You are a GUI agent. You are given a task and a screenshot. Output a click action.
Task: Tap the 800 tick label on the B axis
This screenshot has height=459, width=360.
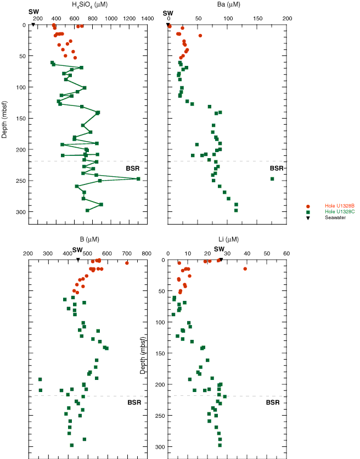[147, 253]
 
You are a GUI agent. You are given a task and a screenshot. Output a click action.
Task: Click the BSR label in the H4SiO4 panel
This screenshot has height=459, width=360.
[132, 168]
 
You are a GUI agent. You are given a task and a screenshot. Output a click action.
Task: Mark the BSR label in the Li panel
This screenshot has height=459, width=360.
[273, 402]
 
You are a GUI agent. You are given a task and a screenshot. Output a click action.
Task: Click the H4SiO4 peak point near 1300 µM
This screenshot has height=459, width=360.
[138, 179]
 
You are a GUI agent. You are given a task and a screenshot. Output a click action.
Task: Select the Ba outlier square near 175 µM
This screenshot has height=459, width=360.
[272, 179]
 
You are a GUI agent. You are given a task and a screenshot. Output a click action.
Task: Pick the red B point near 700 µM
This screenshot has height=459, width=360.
[127, 263]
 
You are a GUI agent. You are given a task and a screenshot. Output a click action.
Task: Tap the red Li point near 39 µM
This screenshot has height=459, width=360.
[245, 268]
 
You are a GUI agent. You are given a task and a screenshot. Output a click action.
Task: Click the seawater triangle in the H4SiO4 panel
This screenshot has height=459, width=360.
[33, 25]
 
